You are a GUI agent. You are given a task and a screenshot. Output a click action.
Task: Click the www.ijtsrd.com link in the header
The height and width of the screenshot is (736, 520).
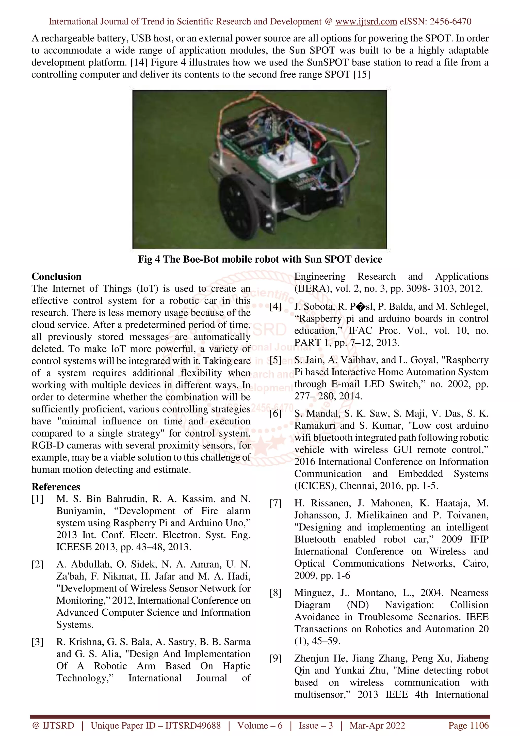[366, 22]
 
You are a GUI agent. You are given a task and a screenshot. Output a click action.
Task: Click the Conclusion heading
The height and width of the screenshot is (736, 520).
[56, 276]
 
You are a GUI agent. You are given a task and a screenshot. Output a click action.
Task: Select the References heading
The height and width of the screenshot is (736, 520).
[56, 487]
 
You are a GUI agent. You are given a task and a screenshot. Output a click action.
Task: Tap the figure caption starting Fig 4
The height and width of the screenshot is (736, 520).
[260, 259]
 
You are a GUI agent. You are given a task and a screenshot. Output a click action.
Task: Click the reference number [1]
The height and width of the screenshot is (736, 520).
[38, 499]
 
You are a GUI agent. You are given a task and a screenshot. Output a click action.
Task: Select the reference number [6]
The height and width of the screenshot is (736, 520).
[275, 413]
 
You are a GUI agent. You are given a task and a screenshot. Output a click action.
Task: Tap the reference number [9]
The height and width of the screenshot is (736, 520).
[275, 659]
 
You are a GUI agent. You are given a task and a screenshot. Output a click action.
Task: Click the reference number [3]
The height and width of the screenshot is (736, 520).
[38, 642]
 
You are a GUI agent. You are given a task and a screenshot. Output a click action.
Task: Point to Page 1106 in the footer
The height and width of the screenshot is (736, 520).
[468, 725]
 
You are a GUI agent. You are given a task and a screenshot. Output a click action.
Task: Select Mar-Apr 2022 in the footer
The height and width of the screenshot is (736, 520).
[377, 725]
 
